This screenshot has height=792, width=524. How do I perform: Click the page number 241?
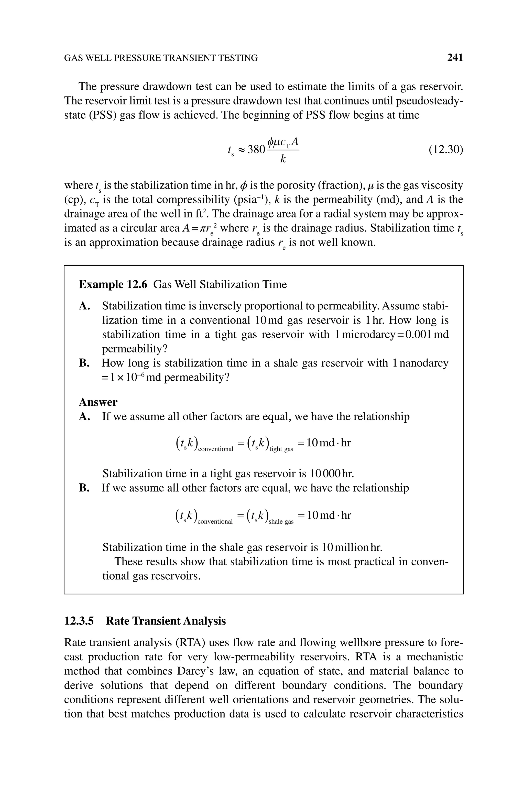(455, 58)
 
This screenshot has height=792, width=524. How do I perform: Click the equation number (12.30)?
(446, 150)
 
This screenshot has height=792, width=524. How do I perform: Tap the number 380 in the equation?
(256, 150)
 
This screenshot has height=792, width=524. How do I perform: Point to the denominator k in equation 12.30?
(283, 159)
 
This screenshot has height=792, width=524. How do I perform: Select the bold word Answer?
(98, 402)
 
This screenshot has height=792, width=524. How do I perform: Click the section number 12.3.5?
(79, 621)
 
